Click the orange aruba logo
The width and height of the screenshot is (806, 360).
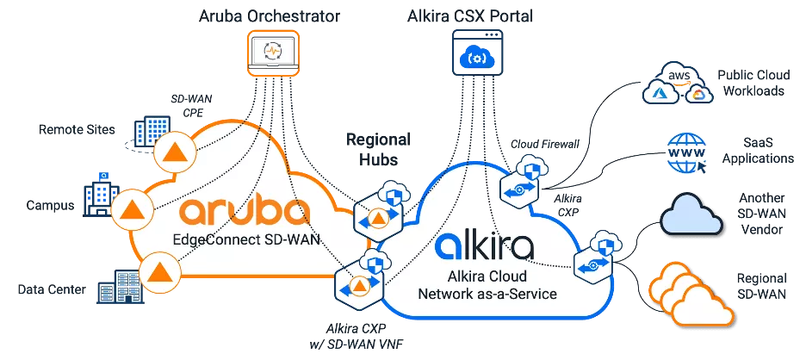point(244,213)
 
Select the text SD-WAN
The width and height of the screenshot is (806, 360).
point(294,240)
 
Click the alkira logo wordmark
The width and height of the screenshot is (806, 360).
point(484,245)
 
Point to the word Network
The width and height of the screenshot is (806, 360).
point(453,294)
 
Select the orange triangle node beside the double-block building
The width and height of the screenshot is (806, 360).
point(158,271)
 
